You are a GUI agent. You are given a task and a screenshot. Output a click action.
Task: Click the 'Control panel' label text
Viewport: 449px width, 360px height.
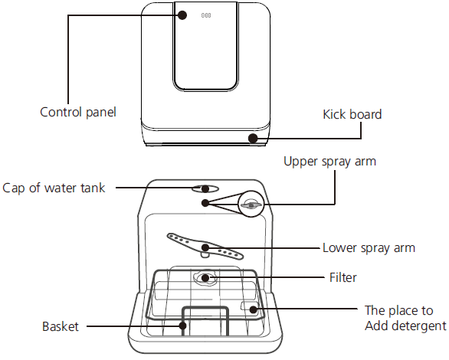click(77, 112)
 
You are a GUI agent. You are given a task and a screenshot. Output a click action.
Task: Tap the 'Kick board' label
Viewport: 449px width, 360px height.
click(352, 114)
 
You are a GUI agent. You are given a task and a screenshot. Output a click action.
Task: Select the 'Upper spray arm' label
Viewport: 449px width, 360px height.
click(329, 162)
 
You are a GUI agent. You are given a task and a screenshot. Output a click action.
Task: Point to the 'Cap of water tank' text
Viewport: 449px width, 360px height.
click(54, 188)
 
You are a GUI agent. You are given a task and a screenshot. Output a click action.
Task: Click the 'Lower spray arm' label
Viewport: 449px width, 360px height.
click(369, 248)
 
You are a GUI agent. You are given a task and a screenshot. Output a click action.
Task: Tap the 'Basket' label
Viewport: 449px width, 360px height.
click(61, 326)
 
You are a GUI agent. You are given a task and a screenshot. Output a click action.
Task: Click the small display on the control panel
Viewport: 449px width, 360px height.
click(206, 15)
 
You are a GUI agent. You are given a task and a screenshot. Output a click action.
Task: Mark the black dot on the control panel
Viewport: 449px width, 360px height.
click(182, 15)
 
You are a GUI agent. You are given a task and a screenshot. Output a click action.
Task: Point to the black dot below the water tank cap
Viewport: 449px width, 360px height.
click(205, 202)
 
